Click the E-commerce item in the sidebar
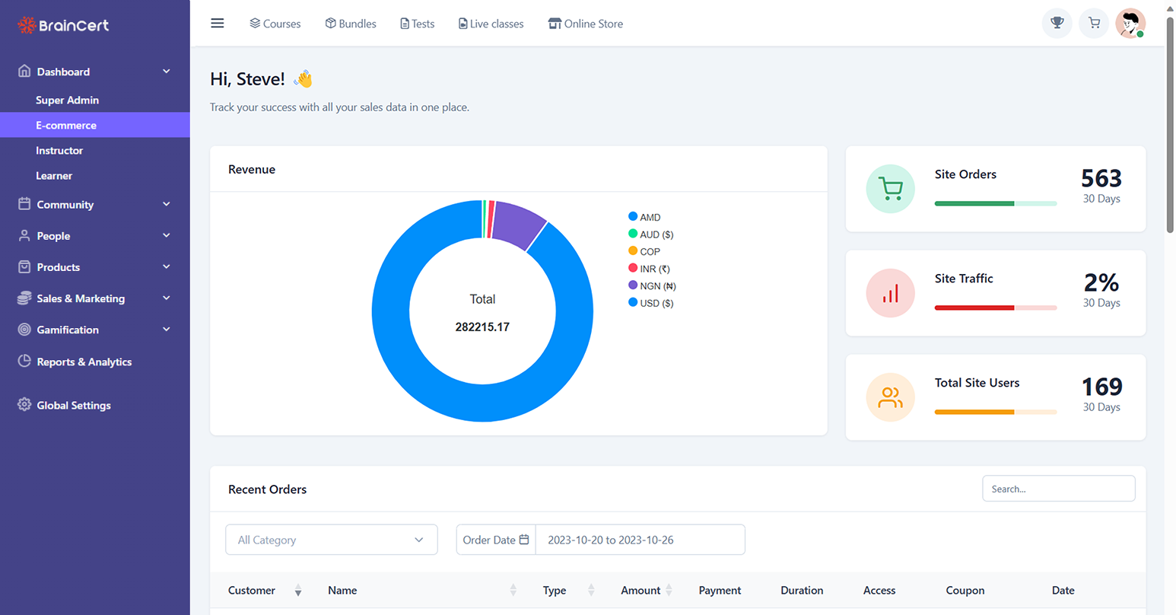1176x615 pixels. click(x=66, y=126)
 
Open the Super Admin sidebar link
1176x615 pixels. click(x=67, y=100)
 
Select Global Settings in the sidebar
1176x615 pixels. click(x=74, y=406)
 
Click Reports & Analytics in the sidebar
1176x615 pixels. click(x=84, y=362)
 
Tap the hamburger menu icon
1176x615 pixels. click(x=218, y=24)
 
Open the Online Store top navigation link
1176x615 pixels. click(x=586, y=24)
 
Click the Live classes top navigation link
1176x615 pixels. click(x=491, y=24)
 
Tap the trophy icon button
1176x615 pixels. click(x=1057, y=24)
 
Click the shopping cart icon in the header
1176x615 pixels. click(x=1094, y=24)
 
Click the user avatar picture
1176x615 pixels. click(x=1130, y=24)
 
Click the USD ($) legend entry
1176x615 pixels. click(x=656, y=303)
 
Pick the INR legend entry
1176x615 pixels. click(x=654, y=269)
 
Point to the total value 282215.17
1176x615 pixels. click(x=482, y=327)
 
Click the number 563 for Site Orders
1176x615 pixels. click(x=1101, y=178)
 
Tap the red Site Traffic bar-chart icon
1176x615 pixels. click(x=890, y=293)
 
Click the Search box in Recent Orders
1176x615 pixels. click(x=1058, y=489)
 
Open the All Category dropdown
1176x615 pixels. click(x=331, y=540)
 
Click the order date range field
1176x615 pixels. click(x=640, y=540)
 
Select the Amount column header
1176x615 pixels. click(x=640, y=591)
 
